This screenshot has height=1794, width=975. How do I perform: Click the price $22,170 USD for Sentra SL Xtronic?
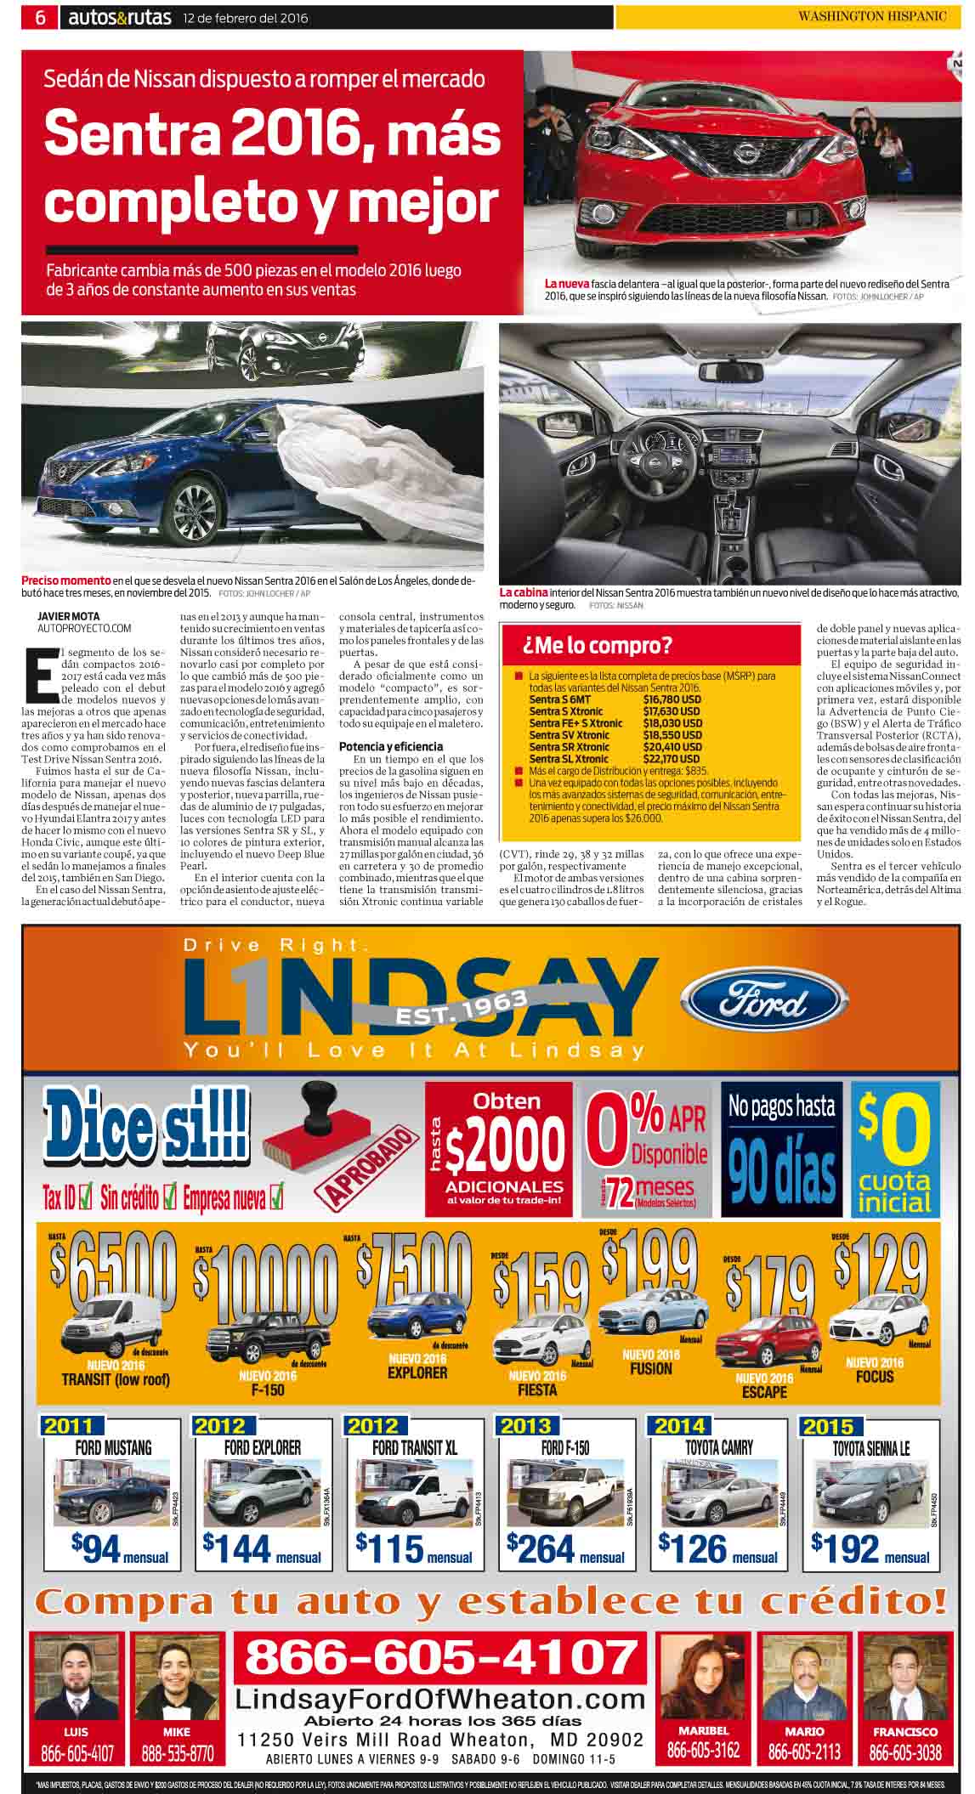pyautogui.click(x=672, y=759)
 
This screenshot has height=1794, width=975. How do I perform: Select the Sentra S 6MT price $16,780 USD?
pyautogui.click(x=672, y=699)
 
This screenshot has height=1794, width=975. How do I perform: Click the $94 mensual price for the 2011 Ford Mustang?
pyautogui.click(x=119, y=1549)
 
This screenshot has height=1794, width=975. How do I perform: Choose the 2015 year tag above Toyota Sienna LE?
pyautogui.click(x=827, y=1425)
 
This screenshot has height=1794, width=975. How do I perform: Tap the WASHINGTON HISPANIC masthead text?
pyautogui.click(x=870, y=17)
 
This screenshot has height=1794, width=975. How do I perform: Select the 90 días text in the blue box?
pyautogui.click(x=782, y=1174)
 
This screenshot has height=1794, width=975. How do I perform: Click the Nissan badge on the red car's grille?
pyautogui.click(x=745, y=153)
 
